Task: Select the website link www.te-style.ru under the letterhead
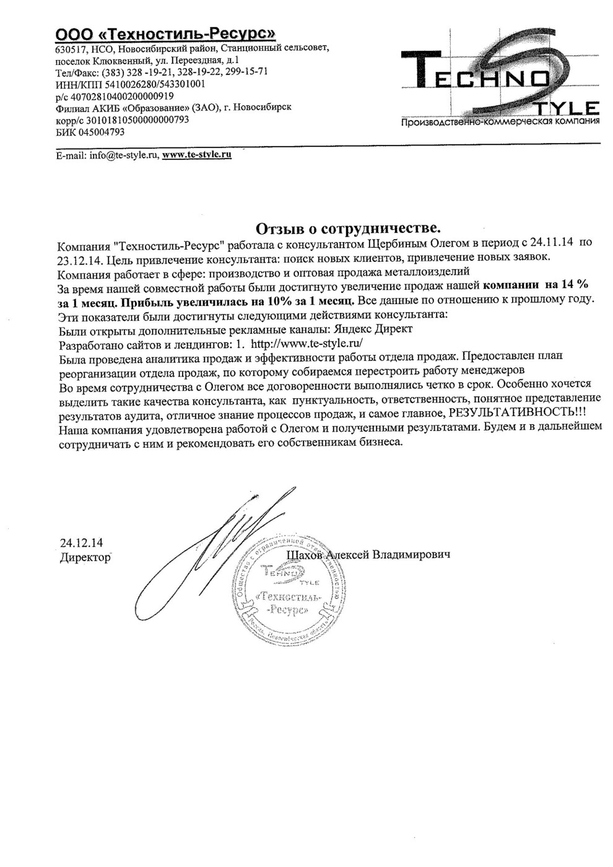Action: pyautogui.click(x=196, y=155)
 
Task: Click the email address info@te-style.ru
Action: pyautogui.click(x=124, y=155)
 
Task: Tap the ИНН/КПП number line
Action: pyautogui.click(x=130, y=84)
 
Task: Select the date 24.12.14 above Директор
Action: pyautogui.click(x=81, y=543)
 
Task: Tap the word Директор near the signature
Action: pyautogui.click(x=85, y=557)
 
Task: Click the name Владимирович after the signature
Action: pyautogui.click(x=411, y=555)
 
